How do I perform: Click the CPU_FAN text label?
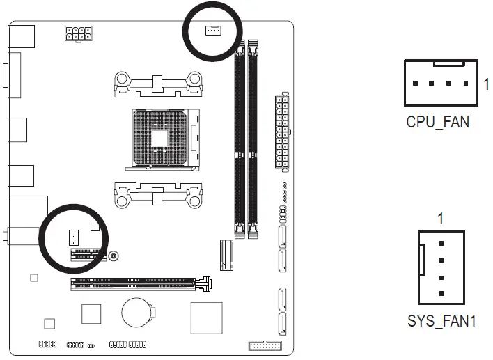[x=437, y=123]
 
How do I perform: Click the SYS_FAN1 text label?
[x=441, y=322]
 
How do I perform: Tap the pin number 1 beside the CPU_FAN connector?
[x=486, y=84]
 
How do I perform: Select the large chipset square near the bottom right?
[x=206, y=318]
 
